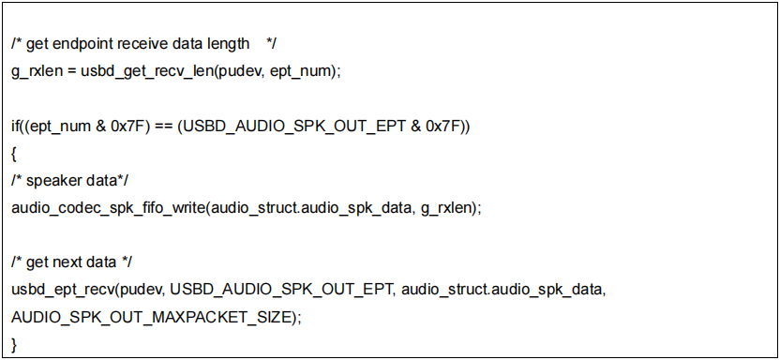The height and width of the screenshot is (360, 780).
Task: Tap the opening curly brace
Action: click(14, 153)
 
